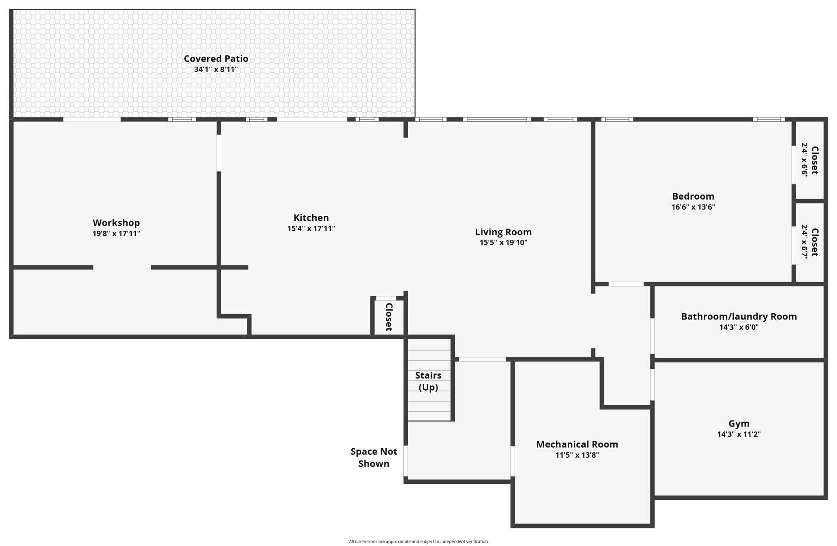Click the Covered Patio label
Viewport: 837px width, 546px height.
pos(216,58)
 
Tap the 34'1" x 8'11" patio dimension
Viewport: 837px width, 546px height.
pos(216,70)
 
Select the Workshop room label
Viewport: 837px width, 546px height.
pos(116,223)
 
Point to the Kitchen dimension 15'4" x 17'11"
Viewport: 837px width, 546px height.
pos(311,229)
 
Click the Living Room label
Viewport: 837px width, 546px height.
pos(503,232)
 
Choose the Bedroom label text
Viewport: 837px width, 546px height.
pos(693,196)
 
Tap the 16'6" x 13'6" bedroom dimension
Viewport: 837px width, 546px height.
pos(693,207)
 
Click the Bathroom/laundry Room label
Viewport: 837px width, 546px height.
pos(739,316)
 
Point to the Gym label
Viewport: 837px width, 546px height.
pos(739,424)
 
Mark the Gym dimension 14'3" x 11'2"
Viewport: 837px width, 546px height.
pos(739,434)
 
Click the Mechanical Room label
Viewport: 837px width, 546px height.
pos(577,444)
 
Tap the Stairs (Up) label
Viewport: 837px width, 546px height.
pos(428,381)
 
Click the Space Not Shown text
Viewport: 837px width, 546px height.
pos(374,457)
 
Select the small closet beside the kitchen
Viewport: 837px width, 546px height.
pos(389,317)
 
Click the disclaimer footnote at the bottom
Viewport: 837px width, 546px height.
pos(418,542)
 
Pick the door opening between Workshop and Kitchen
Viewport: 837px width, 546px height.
pos(219,153)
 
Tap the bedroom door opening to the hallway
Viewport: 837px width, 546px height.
pos(626,284)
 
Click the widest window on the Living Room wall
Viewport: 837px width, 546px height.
pos(497,119)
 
